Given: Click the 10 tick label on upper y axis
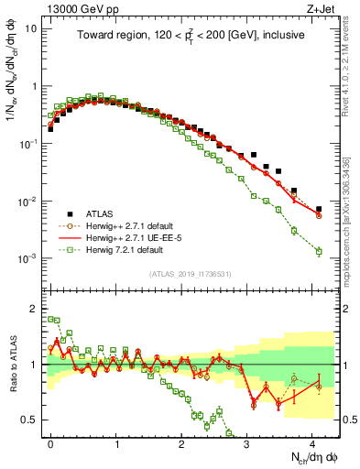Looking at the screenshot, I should tap(31, 27).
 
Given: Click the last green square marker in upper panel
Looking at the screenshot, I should tap(319, 251).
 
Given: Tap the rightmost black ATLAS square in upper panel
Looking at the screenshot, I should tap(319, 210).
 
